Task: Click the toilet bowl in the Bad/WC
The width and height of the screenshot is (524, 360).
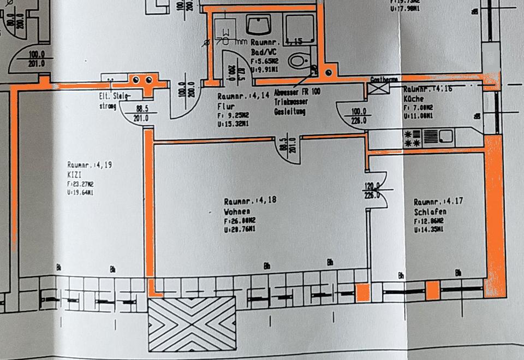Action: point(298,60)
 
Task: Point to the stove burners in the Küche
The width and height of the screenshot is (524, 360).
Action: point(412,138)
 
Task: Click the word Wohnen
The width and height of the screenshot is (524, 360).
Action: point(237,211)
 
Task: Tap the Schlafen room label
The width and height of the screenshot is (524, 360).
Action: point(430,212)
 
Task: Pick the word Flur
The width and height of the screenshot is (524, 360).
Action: point(225,107)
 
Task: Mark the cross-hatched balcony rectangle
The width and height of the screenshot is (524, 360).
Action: point(192,323)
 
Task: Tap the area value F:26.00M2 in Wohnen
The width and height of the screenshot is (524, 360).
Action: point(240,221)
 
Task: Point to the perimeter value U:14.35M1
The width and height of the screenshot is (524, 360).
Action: point(428,231)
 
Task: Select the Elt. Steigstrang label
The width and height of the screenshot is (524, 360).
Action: point(114,102)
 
